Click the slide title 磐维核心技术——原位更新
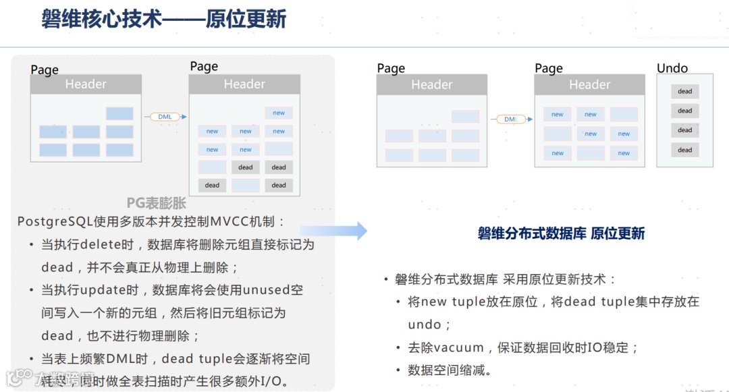[x=164, y=19]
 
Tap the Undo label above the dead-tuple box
[x=672, y=68]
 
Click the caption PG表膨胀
[x=156, y=202]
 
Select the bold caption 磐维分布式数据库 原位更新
[x=561, y=233]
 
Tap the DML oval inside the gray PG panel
[x=165, y=117]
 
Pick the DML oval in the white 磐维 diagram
[x=511, y=119]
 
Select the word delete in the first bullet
[x=101, y=244]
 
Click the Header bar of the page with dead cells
[x=244, y=84]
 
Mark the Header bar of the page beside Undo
[x=589, y=84]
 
